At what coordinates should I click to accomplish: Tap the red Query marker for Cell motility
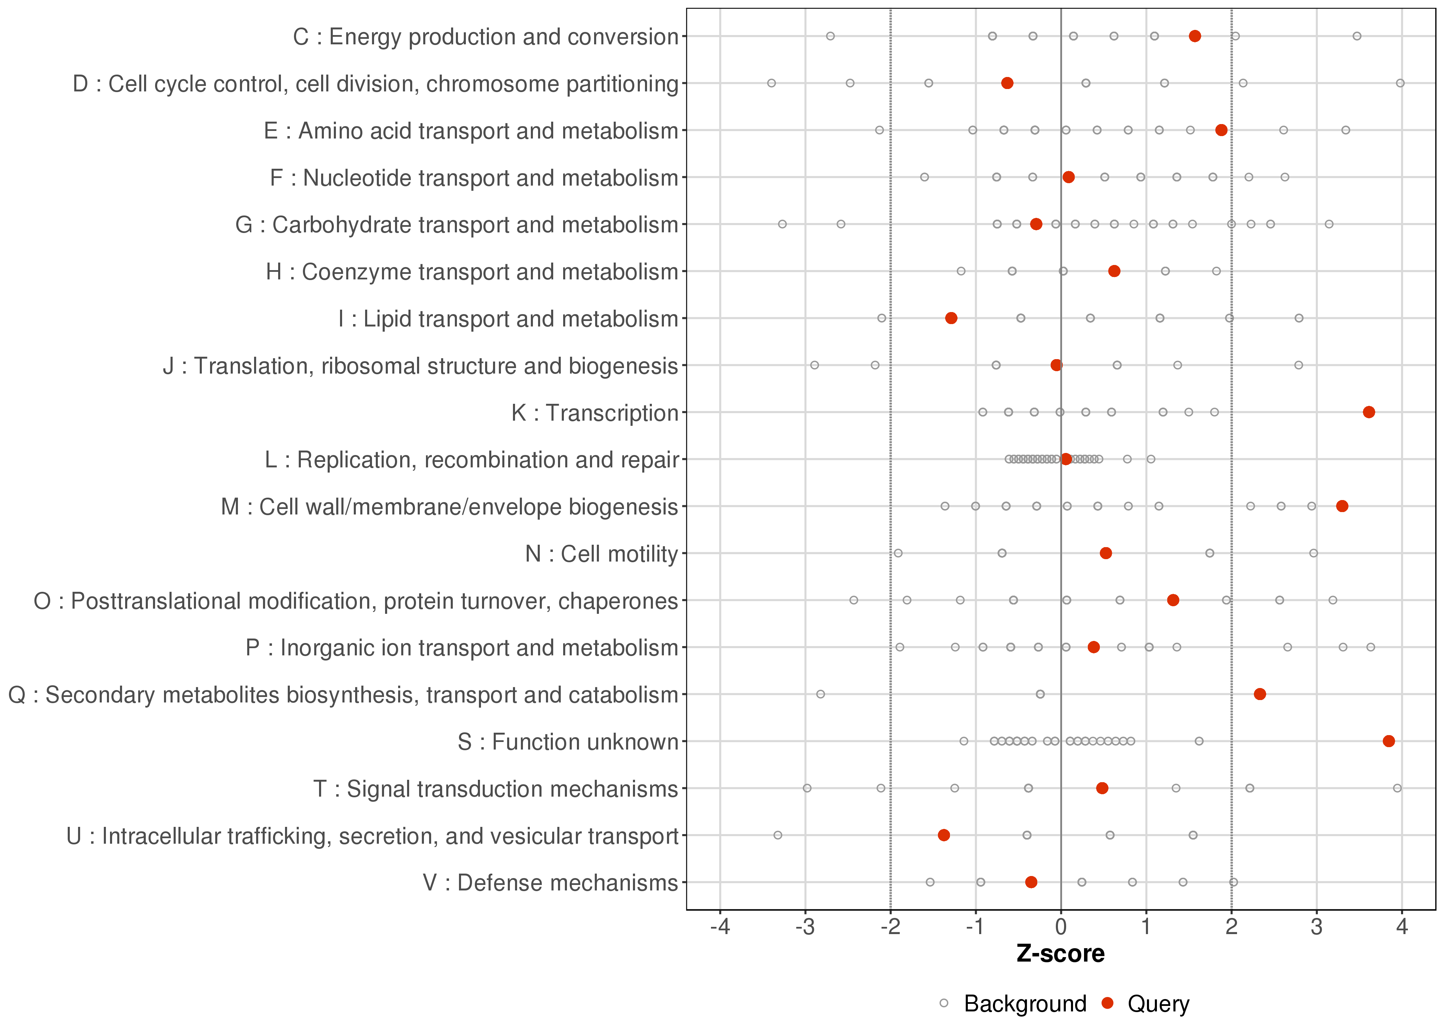(1106, 553)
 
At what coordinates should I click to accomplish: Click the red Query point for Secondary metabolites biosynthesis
(1260, 694)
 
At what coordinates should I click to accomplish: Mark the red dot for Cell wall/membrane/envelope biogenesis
(1342, 506)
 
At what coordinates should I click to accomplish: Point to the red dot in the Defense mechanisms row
(1031, 882)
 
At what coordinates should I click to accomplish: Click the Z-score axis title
(1060, 954)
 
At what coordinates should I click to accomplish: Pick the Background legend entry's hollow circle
(944, 1004)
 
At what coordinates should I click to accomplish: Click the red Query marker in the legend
(1107, 1004)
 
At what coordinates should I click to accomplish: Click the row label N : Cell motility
(601, 554)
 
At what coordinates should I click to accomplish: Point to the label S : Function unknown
(568, 742)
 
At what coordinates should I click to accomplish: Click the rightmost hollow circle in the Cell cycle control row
(1400, 83)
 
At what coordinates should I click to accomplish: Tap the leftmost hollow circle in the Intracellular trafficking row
(778, 835)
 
